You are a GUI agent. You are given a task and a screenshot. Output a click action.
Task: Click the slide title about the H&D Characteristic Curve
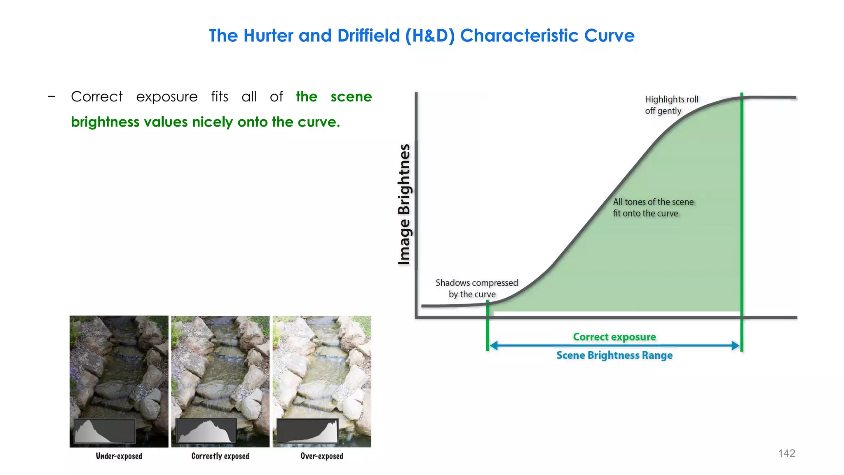pyautogui.click(x=422, y=35)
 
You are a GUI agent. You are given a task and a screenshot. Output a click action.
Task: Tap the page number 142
pyautogui.click(x=786, y=453)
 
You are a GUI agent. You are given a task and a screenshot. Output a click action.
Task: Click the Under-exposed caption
pyautogui.click(x=119, y=456)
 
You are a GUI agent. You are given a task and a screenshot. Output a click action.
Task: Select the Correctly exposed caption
pyautogui.click(x=220, y=456)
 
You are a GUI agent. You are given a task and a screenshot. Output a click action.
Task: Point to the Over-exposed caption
pyautogui.click(x=321, y=456)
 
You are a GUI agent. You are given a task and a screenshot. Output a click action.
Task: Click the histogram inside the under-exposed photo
pyautogui.click(x=105, y=431)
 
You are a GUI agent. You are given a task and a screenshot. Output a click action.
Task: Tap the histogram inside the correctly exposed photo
pyautogui.click(x=206, y=431)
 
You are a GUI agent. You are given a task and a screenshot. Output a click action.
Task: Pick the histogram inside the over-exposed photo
pyautogui.click(x=307, y=431)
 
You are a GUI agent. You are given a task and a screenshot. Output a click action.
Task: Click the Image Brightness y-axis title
pyautogui.click(x=404, y=204)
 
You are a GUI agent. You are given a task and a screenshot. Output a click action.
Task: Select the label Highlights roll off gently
pyautogui.click(x=671, y=105)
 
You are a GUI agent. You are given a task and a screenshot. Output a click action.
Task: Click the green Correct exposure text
pyautogui.click(x=614, y=337)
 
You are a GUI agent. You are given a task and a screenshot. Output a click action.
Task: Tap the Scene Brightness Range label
pyautogui.click(x=614, y=355)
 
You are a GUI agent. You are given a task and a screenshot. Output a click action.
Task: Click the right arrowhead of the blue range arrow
pyautogui.click(x=736, y=346)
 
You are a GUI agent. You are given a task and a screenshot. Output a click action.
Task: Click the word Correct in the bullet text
pyautogui.click(x=97, y=96)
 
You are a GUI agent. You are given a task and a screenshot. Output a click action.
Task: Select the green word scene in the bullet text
pyautogui.click(x=351, y=96)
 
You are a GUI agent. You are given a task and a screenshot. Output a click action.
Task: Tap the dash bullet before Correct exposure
pyautogui.click(x=52, y=97)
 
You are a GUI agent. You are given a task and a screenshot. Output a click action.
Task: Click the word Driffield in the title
pyautogui.click(x=368, y=35)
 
